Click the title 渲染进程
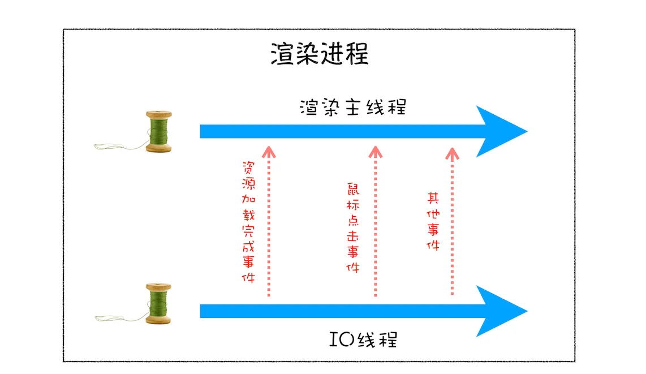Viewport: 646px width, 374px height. [320, 55]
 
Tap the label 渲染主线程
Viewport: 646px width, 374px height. [353, 106]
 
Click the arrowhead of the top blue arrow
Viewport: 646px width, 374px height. [500, 132]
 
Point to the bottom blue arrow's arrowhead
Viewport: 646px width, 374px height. [500, 311]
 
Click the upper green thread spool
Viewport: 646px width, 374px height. [159, 131]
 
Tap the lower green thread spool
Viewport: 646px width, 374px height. [159, 304]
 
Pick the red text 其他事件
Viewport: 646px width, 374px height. [433, 221]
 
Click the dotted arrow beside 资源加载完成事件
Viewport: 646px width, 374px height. [269, 223]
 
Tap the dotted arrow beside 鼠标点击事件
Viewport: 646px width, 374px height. [374, 223]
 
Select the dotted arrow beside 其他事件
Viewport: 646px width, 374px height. [452, 223]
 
